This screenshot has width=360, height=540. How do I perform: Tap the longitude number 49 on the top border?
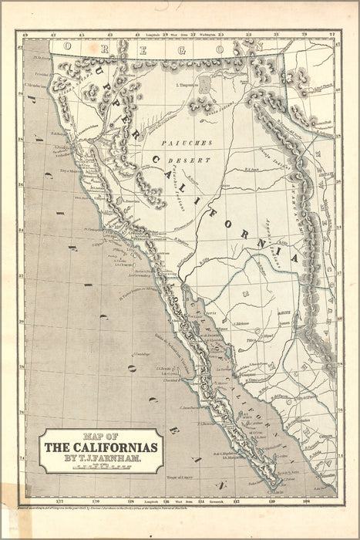(25, 35)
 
